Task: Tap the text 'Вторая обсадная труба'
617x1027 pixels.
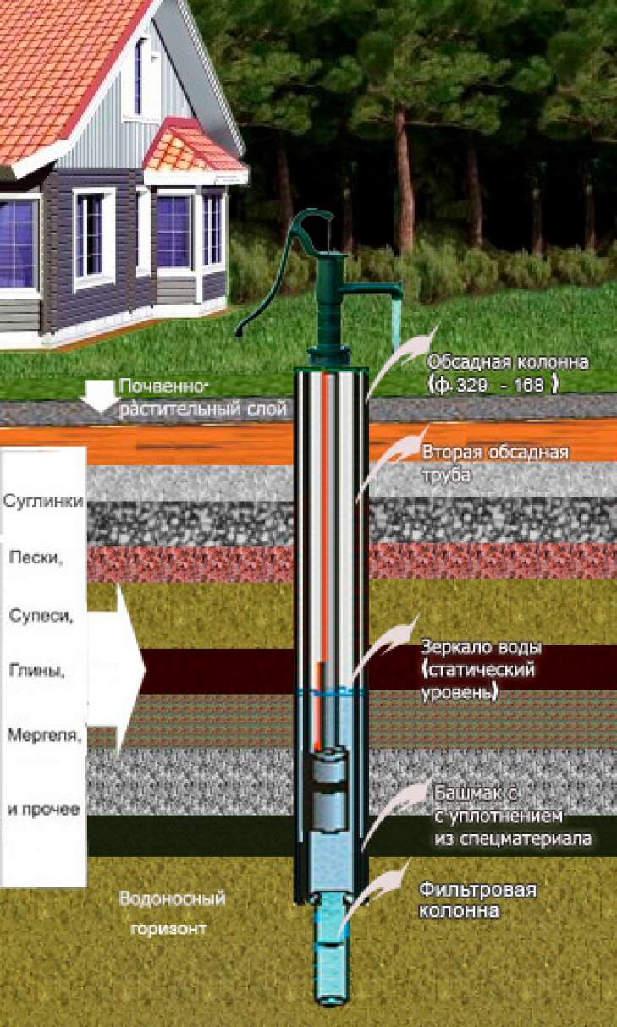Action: [494, 464]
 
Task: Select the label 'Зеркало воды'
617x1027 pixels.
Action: [481, 648]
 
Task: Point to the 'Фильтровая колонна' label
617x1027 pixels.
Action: [478, 901]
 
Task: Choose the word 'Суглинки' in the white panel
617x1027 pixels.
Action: [43, 501]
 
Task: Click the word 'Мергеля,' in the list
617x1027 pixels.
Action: [43, 734]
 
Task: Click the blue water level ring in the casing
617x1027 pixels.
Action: [331, 692]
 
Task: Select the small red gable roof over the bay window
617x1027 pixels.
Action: [192, 149]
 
